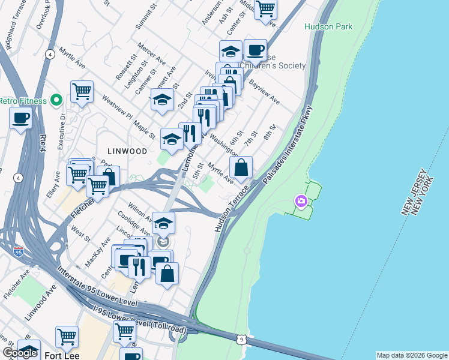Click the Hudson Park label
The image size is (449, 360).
tap(328, 26)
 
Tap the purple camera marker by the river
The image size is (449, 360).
tap(301, 202)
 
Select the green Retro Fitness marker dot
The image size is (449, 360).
tap(56, 100)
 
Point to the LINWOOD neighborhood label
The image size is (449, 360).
tap(127, 151)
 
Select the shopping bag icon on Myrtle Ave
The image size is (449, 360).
tap(241, 168)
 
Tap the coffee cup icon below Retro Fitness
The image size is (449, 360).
tap(21, 118)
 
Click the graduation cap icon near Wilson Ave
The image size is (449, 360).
tap(163, 223)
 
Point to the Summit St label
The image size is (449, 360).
tap(142, 23)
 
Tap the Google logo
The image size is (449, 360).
tap(20, 353)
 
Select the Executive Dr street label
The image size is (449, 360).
tap(61, 133)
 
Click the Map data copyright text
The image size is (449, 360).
tap(411, 355)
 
